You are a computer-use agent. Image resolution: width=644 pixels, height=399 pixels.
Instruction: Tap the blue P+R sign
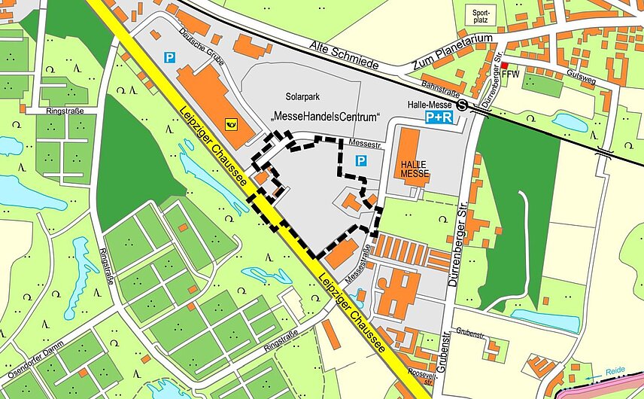(439, 118)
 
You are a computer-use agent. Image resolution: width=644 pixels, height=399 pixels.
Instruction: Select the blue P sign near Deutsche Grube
(170, 56)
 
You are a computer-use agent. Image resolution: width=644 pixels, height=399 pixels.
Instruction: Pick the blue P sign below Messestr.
(360, 160)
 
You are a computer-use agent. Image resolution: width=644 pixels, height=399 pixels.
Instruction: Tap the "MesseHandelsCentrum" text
(325, 117)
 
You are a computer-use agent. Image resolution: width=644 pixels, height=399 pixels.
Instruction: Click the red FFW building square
(505, 66)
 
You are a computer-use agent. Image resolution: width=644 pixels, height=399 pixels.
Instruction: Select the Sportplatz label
(480, 17)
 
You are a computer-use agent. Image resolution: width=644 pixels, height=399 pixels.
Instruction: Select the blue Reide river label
(615, 371)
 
